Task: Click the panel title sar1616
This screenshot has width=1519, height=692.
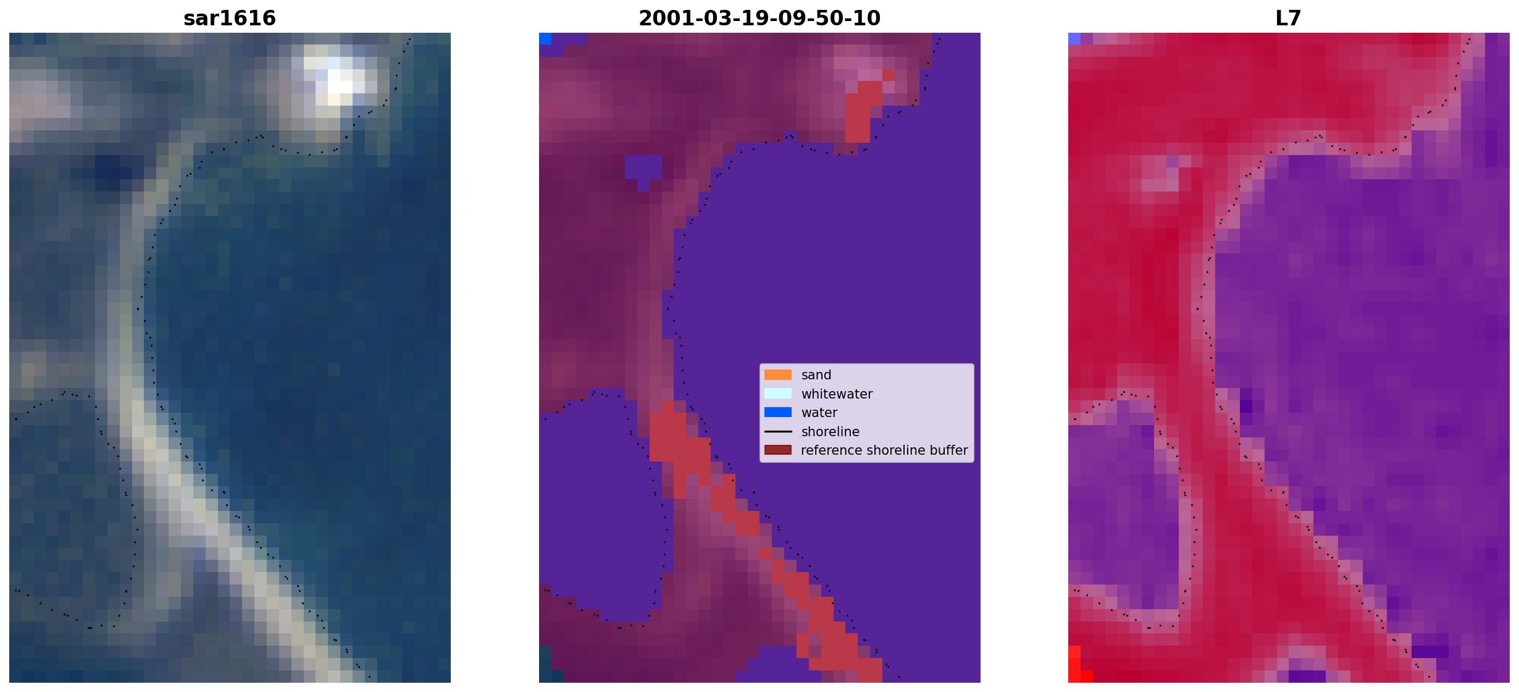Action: [x=230, y=18]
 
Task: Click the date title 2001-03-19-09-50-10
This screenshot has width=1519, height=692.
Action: [x=759, y=18]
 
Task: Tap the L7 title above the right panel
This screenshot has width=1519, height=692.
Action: [x=1289, y=18]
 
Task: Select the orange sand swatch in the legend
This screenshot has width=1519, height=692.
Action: [x=778, y=375]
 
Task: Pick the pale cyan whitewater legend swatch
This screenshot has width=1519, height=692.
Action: [x=778, y=394]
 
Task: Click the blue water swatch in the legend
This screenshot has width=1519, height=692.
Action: [x=778, y=412]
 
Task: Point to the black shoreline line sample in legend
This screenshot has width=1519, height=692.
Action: [x=778, y=431]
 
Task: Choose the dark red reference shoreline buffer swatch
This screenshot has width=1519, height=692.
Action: [x=778, y=450]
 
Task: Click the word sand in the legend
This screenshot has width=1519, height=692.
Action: [x=816, y=375]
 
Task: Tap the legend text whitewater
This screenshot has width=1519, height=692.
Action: [x=837, y=394]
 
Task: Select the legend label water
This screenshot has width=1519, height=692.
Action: [x=819, y=412]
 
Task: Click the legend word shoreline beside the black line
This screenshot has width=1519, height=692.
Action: [x=831, y=431]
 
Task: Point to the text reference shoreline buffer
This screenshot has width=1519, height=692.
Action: [x=884, y=450]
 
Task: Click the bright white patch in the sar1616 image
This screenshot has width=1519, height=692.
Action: [x=337, y=77]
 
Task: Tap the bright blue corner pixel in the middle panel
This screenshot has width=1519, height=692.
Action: [x=545, y=38]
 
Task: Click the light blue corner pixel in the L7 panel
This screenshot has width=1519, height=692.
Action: [x=1074, y=38]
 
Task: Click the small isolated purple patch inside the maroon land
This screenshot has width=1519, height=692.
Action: [x=643, y=170]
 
